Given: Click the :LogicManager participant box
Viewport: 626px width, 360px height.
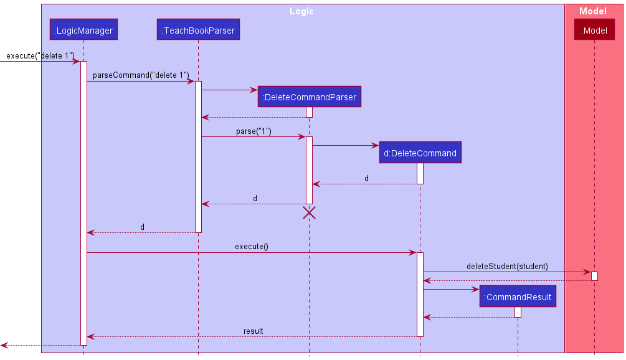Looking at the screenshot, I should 83,29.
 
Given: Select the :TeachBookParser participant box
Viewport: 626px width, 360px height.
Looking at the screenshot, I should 198,29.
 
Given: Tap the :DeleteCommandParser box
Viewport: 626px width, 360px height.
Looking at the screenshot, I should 309,97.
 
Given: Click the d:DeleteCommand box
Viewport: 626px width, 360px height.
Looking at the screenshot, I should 420,153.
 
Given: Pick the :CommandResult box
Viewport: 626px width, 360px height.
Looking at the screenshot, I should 517,297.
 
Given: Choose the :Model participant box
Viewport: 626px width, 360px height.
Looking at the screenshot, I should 594,29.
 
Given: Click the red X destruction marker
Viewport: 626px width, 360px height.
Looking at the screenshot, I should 309,213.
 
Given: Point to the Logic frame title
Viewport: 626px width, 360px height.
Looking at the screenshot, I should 302,11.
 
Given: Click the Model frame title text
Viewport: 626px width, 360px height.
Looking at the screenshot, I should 592,11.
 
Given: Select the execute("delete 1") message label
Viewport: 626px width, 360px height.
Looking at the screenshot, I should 40,56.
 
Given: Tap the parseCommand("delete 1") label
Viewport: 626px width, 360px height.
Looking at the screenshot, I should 141,75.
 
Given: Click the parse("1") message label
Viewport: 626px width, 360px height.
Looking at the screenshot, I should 254,131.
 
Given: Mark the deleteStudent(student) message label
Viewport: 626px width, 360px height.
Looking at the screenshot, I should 507,266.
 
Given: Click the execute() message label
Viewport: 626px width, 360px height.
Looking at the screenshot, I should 252,247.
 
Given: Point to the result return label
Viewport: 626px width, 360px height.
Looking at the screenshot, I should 253,331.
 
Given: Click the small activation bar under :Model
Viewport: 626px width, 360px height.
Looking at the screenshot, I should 594,276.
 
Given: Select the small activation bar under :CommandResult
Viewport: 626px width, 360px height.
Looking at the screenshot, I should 518,312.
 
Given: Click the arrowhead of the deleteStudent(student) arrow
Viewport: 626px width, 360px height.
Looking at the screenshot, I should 587,272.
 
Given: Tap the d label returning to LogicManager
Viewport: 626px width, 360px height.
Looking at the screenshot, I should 142,227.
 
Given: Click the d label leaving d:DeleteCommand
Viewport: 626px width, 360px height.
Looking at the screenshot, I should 366,179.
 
